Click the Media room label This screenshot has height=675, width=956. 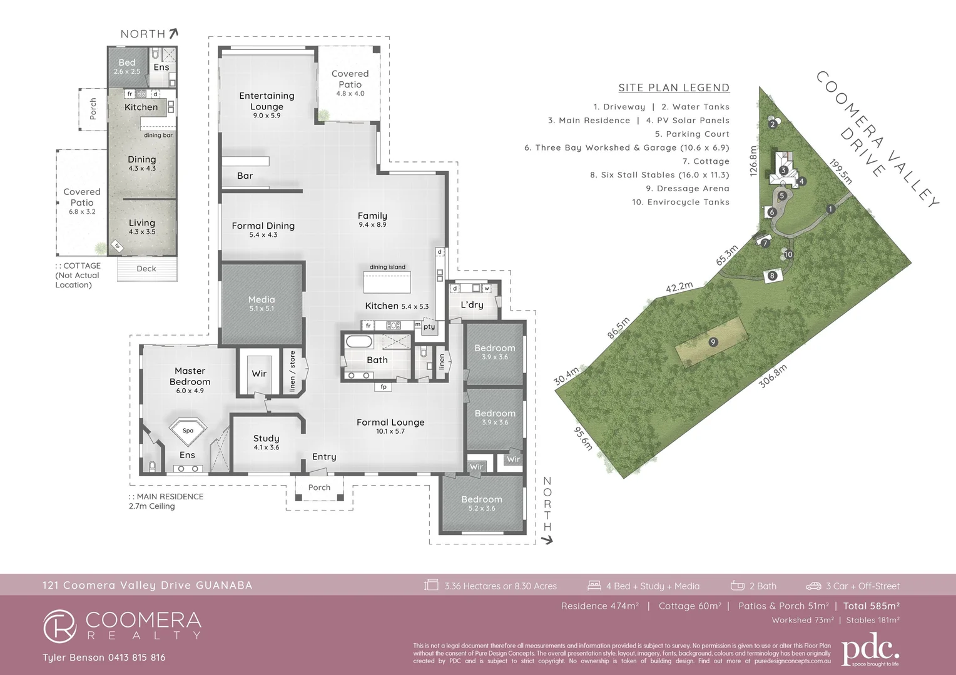[262, 303]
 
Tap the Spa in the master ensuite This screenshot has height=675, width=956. [188, 431]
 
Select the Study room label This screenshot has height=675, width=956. [267, 442]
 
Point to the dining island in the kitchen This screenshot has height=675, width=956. [387, 282]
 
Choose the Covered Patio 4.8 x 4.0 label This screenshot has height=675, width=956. [350, 83]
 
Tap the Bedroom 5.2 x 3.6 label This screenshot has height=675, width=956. [482, 503]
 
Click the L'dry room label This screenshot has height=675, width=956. [472, 305]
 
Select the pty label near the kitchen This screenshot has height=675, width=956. [429, 327]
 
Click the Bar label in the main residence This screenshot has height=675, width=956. [245, 176]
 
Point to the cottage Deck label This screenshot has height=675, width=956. [146, 269]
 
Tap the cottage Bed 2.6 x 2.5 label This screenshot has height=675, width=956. [127, 66]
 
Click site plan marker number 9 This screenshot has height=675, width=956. [713, 342]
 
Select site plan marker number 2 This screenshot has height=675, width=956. [773, 124]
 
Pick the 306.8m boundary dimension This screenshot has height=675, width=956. [773, 376]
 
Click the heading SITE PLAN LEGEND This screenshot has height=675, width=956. [674, 88]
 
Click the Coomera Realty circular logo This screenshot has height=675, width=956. [59, 626]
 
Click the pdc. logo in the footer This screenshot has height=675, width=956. [870, 651]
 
